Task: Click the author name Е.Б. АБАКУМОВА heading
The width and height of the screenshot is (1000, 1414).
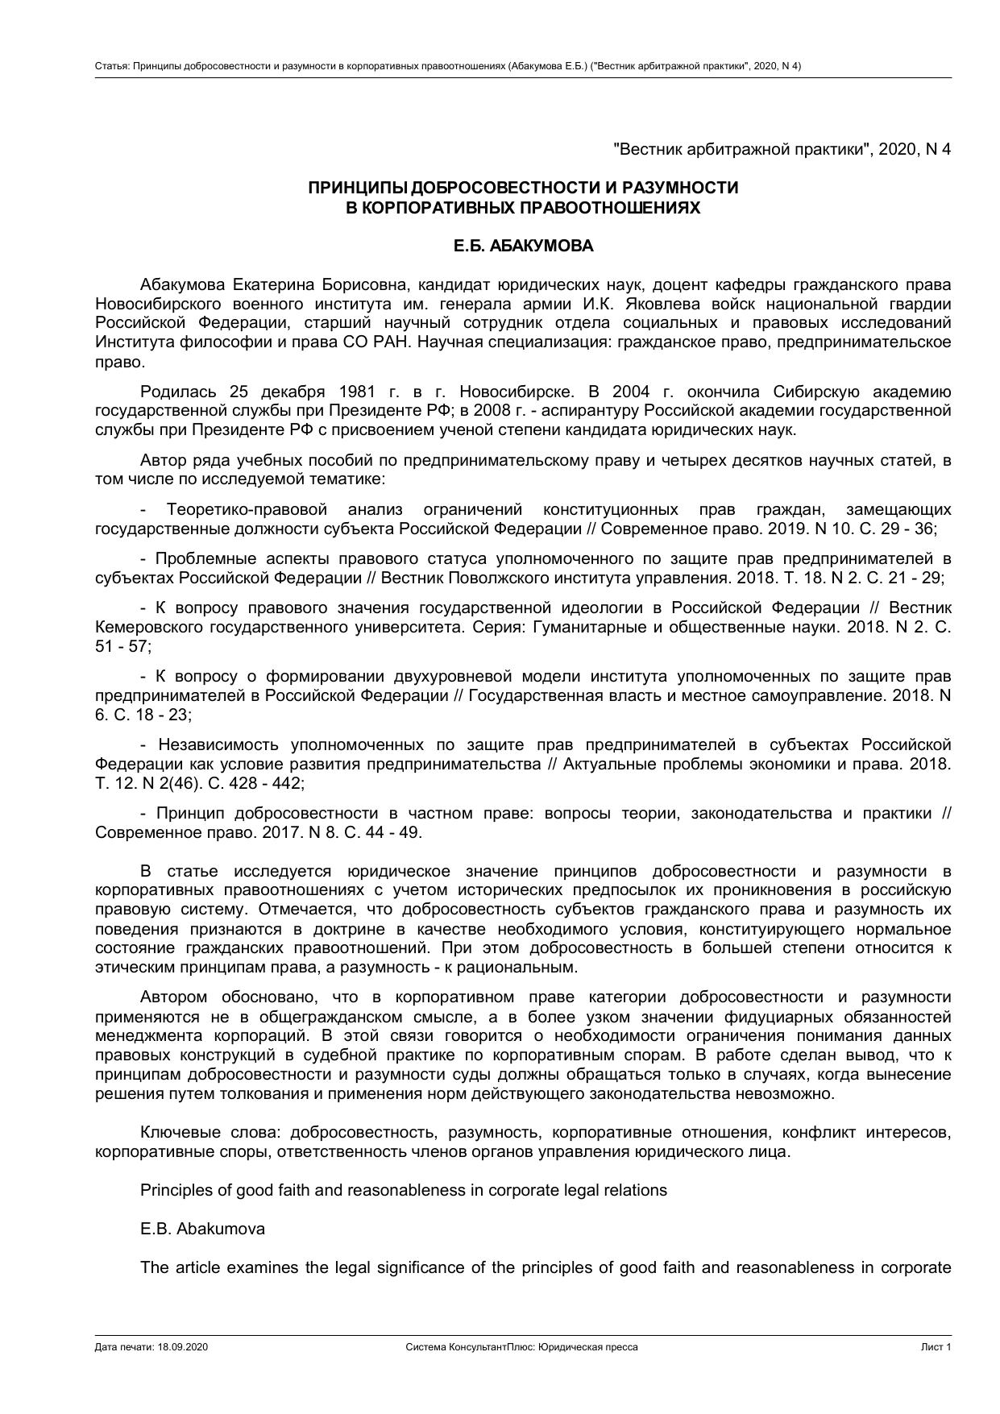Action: pos(523,247)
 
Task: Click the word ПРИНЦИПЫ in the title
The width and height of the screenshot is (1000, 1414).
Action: pos(358,188)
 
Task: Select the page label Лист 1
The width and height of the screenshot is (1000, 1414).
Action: pos(936,1347)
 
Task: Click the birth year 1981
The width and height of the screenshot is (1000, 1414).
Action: pos(358,392)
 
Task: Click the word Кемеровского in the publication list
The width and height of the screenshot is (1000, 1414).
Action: pos(149,627)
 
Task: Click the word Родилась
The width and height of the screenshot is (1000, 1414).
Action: pos(177,392)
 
